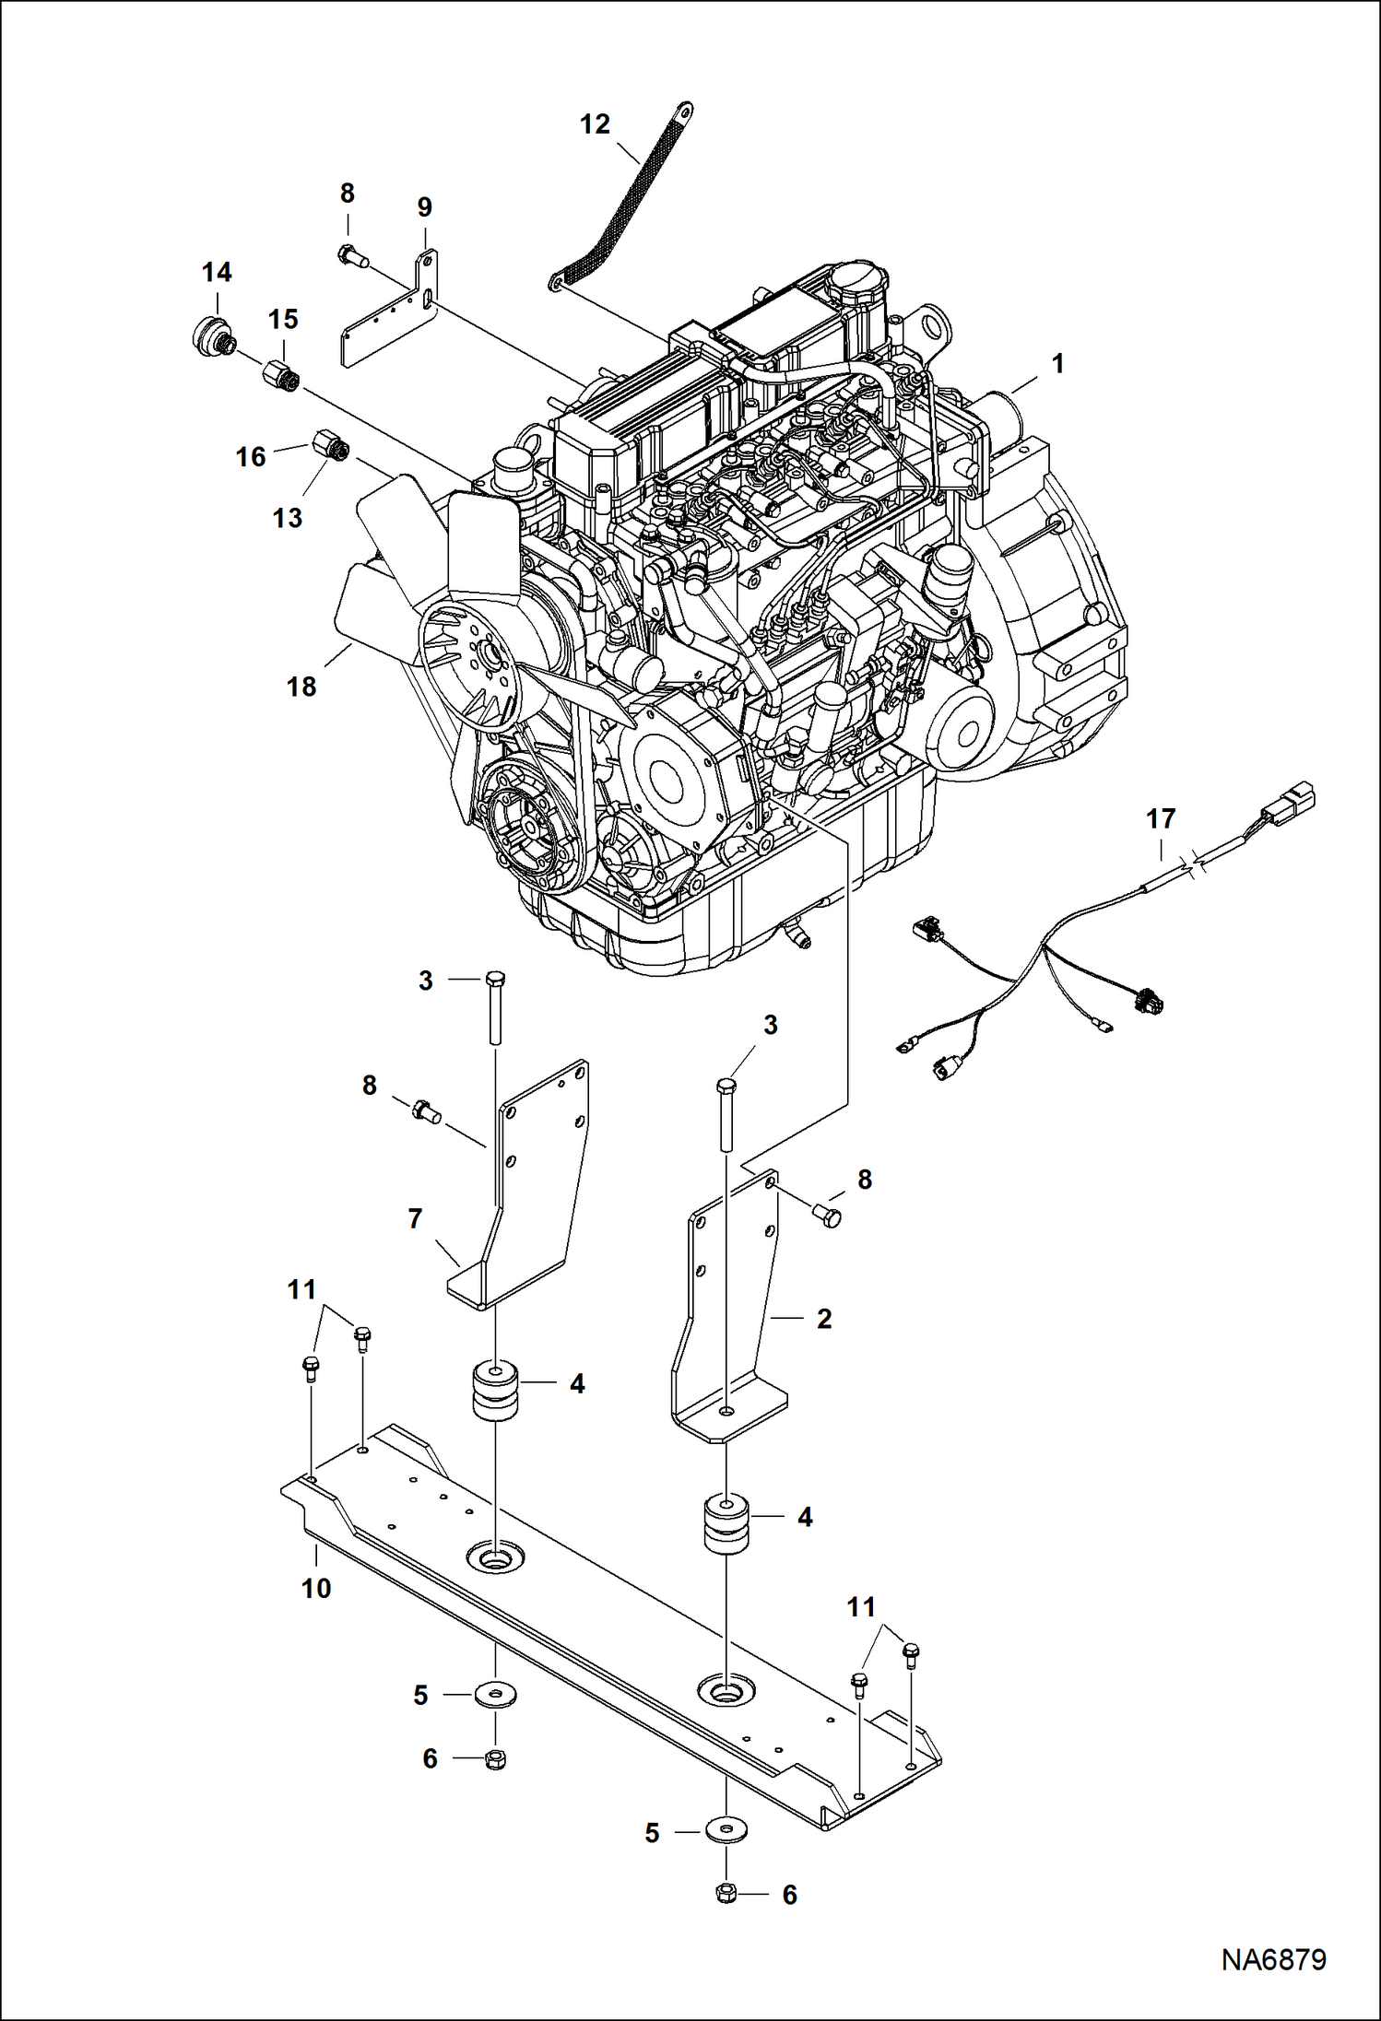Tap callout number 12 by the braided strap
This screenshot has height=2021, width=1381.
coord(595,124)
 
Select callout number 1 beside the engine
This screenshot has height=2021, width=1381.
coord(1057,364)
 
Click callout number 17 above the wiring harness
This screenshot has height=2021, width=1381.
coord(1161,818)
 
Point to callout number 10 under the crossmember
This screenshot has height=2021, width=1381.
coord(316,1588)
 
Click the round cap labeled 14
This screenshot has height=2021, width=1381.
coord(213,336)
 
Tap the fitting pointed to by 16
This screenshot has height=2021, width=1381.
coord(331,445)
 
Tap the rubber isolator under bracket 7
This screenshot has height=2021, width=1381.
coord(496,1392)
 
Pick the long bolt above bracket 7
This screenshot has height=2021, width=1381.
coord(495,1009)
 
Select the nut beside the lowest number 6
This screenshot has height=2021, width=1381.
coord(726,1894)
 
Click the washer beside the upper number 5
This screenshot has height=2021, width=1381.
coord(496,1694)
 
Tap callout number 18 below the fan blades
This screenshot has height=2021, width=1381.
coord(301,687)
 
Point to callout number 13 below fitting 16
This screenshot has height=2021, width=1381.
coord(287,518)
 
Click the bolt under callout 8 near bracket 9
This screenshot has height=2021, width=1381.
coord(351,255)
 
